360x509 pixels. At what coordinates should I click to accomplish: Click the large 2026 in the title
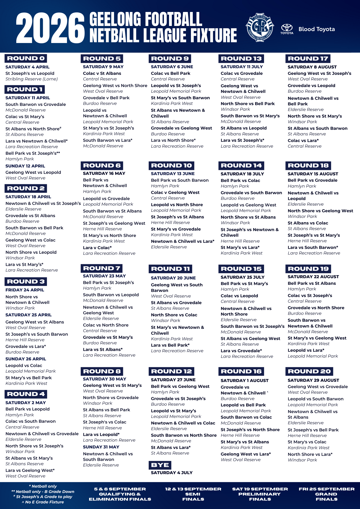[x=50, y=28]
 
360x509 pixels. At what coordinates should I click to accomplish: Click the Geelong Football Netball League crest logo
[x=260, y=27]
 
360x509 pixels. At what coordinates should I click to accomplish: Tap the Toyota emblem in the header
[x=287, y=29]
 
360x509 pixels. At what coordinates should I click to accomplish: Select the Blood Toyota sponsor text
[x=316, y=29]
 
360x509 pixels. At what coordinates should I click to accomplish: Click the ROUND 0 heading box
[x=26, y=58]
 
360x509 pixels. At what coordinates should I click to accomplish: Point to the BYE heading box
[x=160, y=465]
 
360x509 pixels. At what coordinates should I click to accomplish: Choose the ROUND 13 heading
[x=241, y=59]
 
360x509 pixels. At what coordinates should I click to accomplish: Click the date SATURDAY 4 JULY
[x=172, y=473]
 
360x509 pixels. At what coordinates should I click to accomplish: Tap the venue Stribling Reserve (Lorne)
[x=32, y=79]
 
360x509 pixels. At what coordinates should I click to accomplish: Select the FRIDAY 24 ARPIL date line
[x=25, y=290]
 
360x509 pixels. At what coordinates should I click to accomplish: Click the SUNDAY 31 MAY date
[x=101, y=447]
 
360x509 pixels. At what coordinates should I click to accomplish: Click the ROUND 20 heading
[x=309, y=371]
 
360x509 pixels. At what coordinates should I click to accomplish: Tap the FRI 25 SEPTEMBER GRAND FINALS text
[x=326, y=494]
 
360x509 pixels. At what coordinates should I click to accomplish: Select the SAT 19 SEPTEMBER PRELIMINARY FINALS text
[x=260, y=494]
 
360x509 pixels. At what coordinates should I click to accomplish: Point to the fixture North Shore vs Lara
[x=310, y=454]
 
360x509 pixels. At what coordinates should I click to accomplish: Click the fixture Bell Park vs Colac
[x=240, y=180]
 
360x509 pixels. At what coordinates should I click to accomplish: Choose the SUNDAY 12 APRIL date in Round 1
[x=25, y=166]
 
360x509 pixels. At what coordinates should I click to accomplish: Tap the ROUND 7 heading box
[x=102, y=268]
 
